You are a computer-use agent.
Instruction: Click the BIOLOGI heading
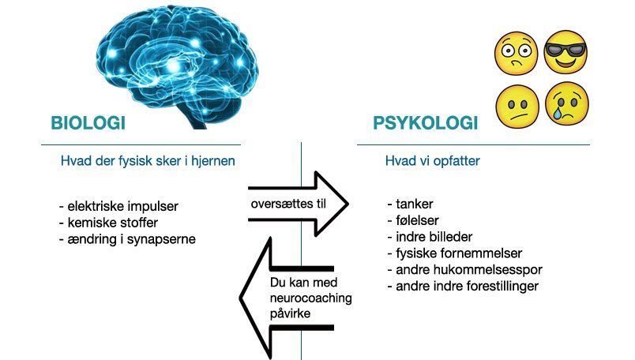click(88, 123)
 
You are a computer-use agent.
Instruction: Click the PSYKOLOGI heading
click(425, 123)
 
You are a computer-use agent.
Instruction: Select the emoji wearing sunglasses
click(565, 52)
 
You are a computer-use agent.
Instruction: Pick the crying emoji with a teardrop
click(566, 103)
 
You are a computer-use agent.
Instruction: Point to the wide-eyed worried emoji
click(516, 53)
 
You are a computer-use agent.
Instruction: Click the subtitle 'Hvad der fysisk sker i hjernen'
click(148, 161)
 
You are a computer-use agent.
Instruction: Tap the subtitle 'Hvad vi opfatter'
click(433, 161)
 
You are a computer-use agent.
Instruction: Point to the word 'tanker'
click(415, 204)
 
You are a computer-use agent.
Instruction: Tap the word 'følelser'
click(417, 220)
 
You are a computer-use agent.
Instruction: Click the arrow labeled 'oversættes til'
click(298, 204)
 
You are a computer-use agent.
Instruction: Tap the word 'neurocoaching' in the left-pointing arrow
click(310, 298)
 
